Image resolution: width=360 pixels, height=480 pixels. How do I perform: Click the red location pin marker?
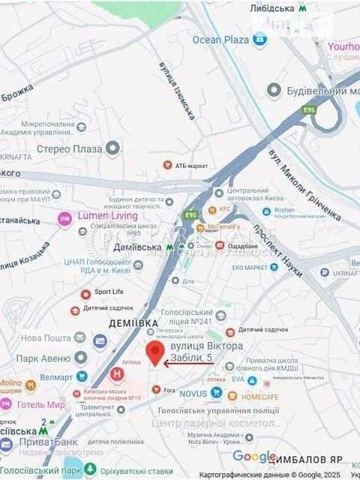point(156,352)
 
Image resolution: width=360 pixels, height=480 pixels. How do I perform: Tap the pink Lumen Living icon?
point(64,219)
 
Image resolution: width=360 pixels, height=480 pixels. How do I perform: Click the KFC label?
point(225,210)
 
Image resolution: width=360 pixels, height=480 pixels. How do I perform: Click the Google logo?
point(254,456)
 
